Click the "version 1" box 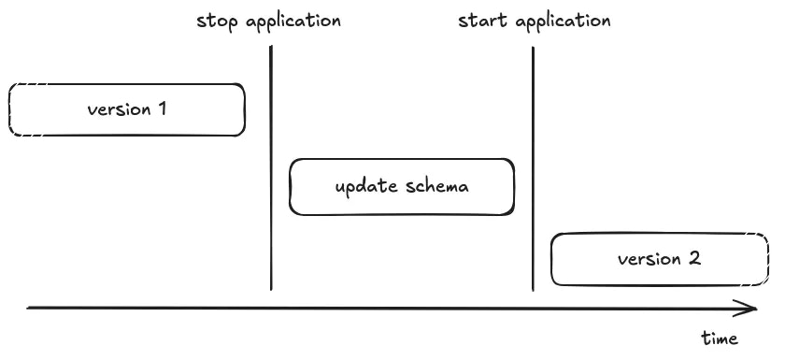(x=127, y=109)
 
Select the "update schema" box (x=402, y=186)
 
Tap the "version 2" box (x=658, y=259)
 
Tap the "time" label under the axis (x=720, y=338)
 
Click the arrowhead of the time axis (x=750, y=308)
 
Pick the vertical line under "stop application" (x=271, y=168)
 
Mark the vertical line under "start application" (x=533, y=168)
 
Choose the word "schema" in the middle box (x=437, y=186)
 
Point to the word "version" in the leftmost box (x=118, y=109)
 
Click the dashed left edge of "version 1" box (x=9, y=109)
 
